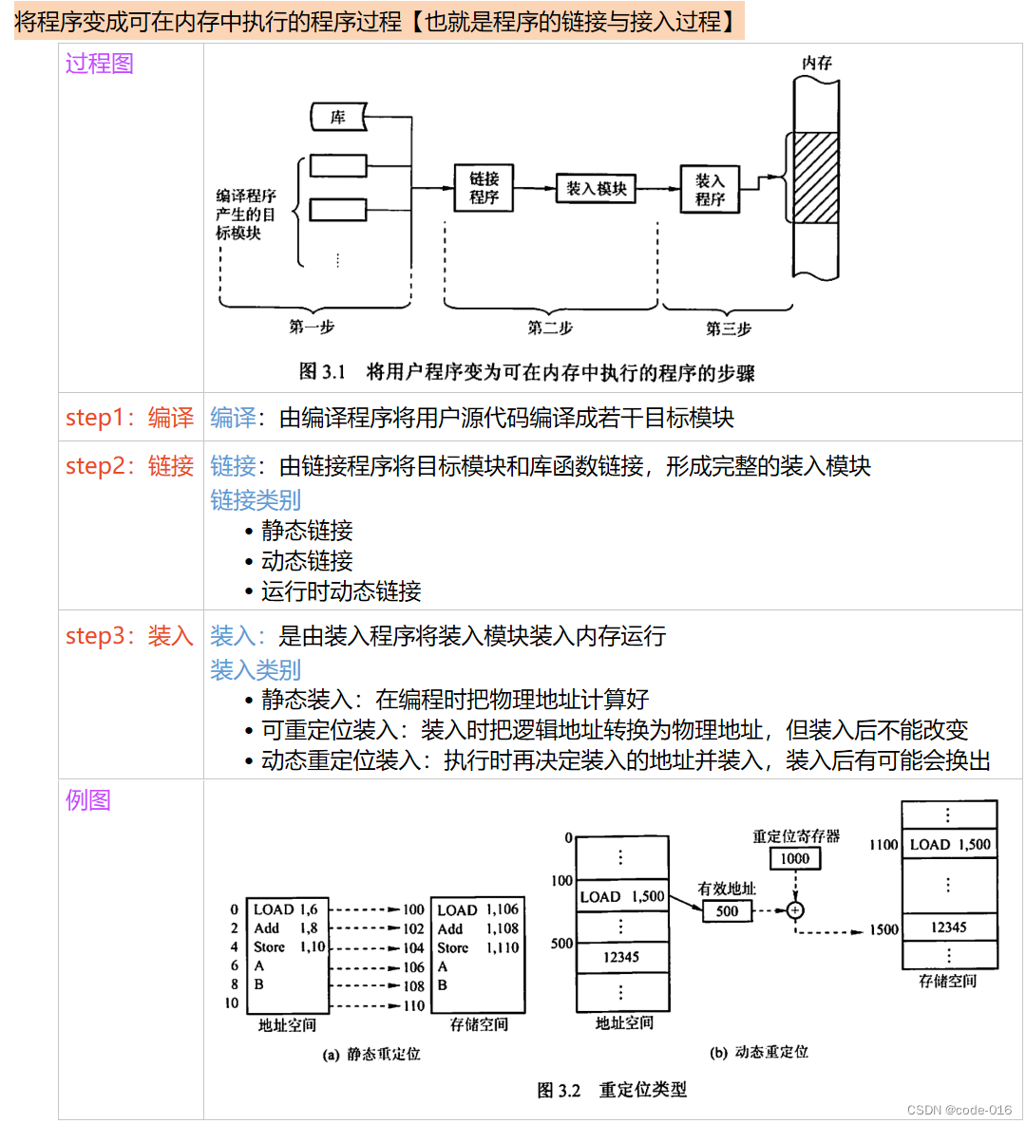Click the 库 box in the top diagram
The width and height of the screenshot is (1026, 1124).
pos(338,118)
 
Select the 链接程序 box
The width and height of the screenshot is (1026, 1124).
pos(484,188)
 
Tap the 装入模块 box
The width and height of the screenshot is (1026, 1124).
pos(597,188)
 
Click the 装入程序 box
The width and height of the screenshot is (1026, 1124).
pos(710,189)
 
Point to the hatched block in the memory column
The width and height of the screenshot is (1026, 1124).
pos(816,178)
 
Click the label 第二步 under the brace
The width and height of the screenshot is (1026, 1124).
pos(550,328)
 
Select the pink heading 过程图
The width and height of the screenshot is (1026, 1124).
pos(100,64)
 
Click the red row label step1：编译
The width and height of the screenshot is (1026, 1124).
pos(129,418)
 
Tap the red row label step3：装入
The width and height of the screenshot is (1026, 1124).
pos(129,636)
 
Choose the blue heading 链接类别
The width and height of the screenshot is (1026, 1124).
pos(256,500)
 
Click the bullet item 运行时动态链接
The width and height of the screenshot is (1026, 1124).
pos(341,591)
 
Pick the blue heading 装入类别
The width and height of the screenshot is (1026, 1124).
pos(256,670)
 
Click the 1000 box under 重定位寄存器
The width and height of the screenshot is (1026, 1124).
pos(794,858)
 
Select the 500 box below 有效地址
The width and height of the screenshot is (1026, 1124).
pos(727,911)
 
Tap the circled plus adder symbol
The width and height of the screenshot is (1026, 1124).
pos(795,910)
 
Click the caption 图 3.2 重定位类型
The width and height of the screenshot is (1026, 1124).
pos(612,1090)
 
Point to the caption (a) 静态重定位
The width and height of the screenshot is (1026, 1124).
pos(371,1054)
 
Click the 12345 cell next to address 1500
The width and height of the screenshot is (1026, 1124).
pos(948,927)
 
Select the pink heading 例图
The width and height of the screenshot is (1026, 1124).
pos(88,800)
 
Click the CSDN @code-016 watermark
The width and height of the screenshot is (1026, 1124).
pos(959,1110)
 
